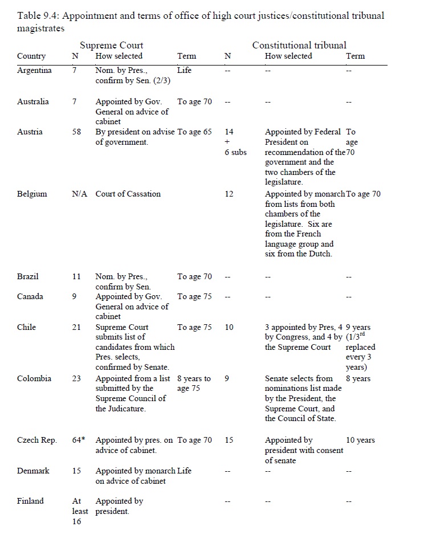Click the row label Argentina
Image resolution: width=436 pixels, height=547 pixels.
pyautogui.click(x=34, y=71)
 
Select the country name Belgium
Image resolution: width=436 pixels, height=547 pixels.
pyautogui.click(x=32, y=194)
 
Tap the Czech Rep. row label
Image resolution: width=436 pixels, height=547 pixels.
pyautogui.click(x=37, y=440)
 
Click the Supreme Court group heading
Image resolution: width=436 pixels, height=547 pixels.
pyautogui.click(x=111, y=45)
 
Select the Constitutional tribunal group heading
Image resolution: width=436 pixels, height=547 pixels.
pyautogui.click(x=299, y=45)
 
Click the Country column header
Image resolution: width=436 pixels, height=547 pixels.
pyautogui.click(x=31, y=56)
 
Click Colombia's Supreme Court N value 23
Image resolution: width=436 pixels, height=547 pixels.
pyautogui.click(x=77, y=378)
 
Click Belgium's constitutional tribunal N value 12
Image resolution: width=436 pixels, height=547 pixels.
pyautogui.click(x=229, y=194)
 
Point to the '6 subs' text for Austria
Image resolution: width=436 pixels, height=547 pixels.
pyautogui.click(x=235, y=153)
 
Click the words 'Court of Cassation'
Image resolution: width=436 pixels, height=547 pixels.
pyautogui.click(x=128, y=194)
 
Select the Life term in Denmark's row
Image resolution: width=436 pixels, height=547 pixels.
pyautogui.click(x=185, y=471)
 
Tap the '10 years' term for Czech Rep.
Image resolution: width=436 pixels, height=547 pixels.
pyautogui.click(x=360, y=440)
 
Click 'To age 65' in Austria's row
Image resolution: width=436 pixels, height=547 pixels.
pyautogui.click(x=194, y=132)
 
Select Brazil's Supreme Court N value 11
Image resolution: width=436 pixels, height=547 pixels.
pyautogui.click(x=77, y=276)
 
